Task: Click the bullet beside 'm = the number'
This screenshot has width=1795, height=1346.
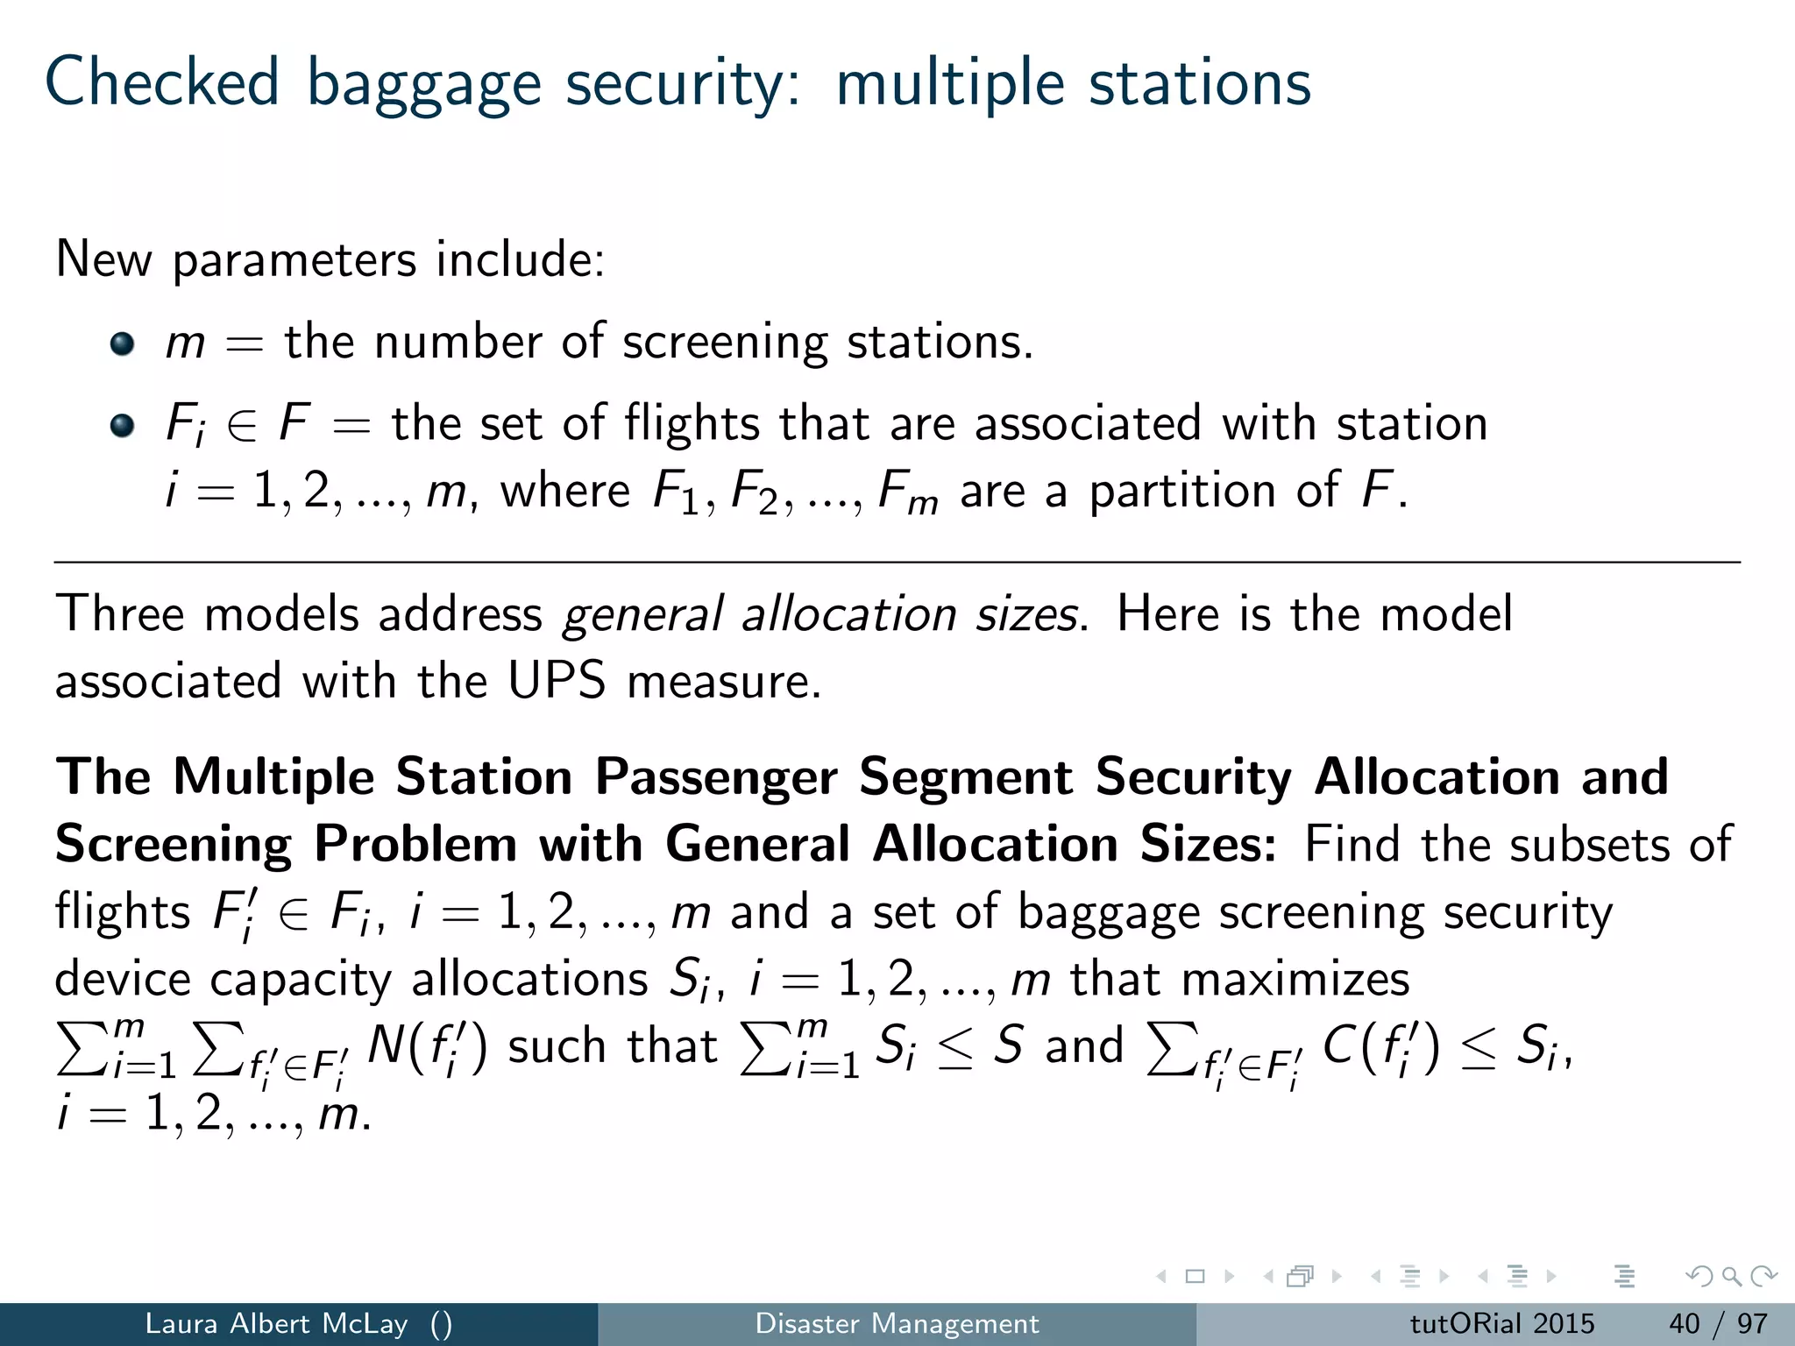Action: [x=122, y=344]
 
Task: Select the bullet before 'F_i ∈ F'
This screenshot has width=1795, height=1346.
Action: [x=122, y=426]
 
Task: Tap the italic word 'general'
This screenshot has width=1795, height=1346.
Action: [x=642, y=613]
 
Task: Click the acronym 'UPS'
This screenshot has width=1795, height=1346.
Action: [x=557, y=681]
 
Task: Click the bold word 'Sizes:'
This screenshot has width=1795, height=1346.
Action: [x=1208, y=844]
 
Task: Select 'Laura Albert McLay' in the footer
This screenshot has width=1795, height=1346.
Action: [x=276, y=1323]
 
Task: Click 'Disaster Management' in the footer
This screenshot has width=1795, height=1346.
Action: [x=897, y=1323]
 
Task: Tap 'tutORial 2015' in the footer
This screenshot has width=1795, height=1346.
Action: [x=1501, y=1323]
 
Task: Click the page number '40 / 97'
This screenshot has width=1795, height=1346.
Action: [x=1718, y=1323]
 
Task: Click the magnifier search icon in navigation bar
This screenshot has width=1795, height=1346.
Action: [x=1731, y=1277]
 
